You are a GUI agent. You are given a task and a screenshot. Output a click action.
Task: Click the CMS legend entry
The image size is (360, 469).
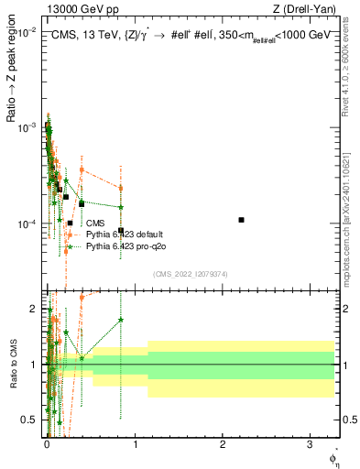pos(95,223)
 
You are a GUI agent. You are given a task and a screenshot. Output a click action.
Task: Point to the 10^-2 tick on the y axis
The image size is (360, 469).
pos(27,31)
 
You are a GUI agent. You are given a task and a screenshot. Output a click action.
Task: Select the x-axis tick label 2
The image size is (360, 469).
pos(224,444)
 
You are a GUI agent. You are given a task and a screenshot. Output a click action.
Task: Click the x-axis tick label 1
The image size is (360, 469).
pos(136,444)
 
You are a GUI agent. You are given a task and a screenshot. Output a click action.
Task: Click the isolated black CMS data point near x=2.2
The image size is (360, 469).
pos(241,220)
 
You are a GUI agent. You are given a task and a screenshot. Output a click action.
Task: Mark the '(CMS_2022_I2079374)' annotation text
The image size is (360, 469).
pos(191,274)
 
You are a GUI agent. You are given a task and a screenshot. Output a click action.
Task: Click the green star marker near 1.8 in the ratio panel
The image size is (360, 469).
pos(121,320)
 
